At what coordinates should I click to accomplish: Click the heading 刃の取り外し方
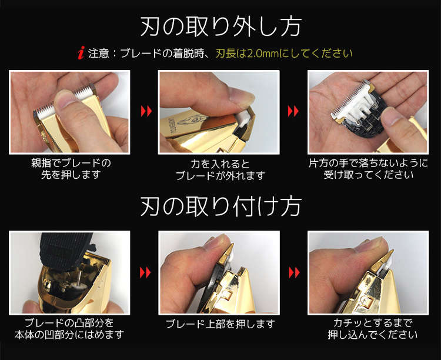[221, 26]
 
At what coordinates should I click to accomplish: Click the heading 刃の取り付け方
[221, 206]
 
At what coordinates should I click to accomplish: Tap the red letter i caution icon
[81, 53]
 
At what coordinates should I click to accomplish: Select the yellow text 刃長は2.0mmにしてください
[284, 53]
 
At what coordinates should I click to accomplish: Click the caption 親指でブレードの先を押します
[71, 169]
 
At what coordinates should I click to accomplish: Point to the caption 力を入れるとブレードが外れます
[220, 170]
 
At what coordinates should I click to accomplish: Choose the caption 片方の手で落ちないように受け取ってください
[368, 169]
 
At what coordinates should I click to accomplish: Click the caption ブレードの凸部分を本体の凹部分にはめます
[69, 328]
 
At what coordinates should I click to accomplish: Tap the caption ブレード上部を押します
[220, 324]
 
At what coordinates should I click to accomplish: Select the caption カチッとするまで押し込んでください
[373, 328]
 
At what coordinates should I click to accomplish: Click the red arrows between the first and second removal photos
[146, 111]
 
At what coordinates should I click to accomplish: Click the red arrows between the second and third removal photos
[293, 111]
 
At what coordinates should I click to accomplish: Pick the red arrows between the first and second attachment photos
[145, 272]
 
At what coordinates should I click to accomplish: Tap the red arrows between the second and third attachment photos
[294, 272]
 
